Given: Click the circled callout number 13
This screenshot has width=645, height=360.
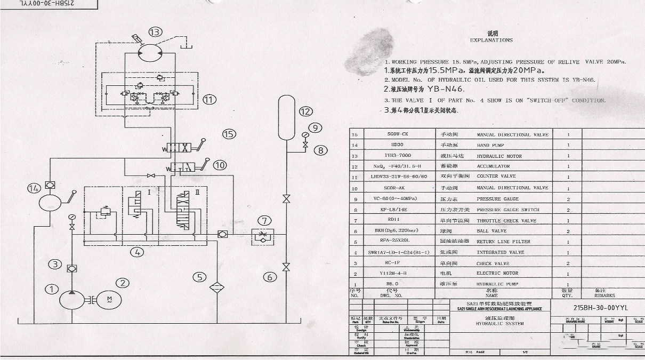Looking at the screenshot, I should pos(155,32).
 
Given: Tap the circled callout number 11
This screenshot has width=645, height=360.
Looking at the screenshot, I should pos(209,99).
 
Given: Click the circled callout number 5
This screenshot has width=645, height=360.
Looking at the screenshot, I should pos(199,277).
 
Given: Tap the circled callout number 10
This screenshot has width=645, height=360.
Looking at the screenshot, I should pos(220,165).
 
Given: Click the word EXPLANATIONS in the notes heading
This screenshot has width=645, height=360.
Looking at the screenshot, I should pos(491,40).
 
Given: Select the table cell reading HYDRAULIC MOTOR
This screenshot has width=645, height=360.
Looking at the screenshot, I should pos(499,156).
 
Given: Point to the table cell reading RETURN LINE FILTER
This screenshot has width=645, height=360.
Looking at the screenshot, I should pos(503,242).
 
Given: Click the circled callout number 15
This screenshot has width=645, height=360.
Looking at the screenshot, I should pos(229,134).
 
